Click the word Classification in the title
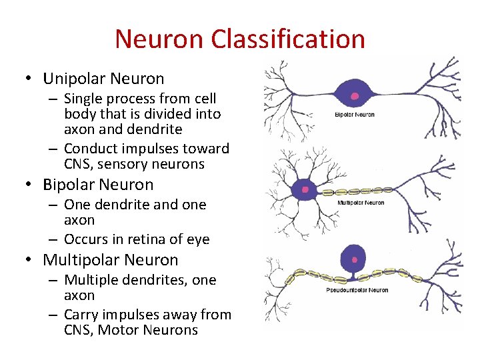[x=288, y=39]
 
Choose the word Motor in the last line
[x=121, y=330]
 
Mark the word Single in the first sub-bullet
[x=86, y=99]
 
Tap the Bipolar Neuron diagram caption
[x=354, y=115]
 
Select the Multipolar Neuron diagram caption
[x=361, y=203]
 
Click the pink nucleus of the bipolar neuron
[x=355, y=96]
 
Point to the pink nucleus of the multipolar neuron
[x=305, y=189]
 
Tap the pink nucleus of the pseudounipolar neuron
[x=354, y=259]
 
